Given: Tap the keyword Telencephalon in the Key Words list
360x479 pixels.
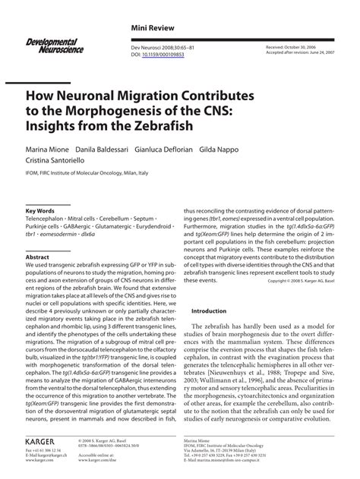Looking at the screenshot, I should pos(50,218).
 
